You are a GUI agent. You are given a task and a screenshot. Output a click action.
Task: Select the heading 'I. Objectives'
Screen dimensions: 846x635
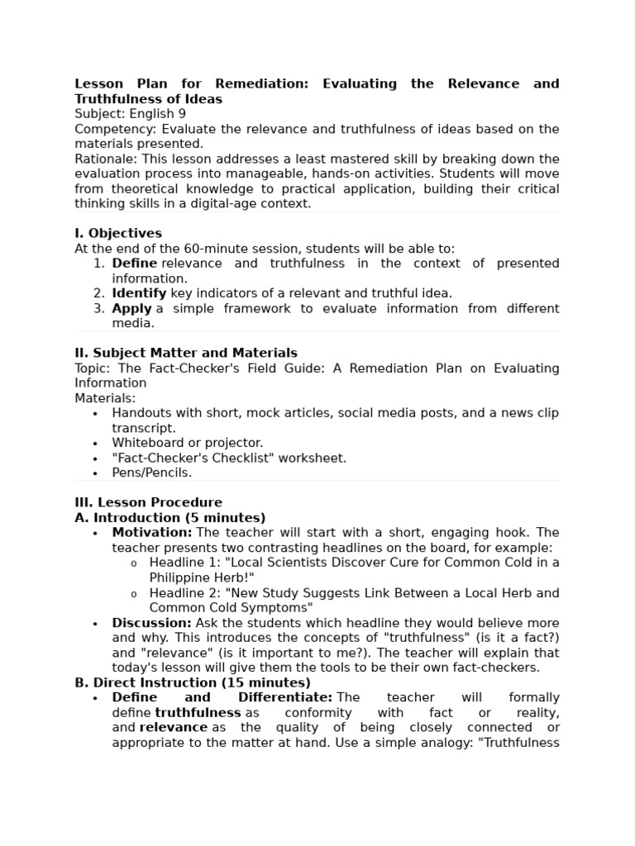[x=118, y=233]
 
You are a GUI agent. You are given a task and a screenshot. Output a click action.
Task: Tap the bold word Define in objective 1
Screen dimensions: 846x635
[x=134, y=264]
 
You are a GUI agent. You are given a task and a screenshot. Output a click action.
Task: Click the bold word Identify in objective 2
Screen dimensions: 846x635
[x=139, y=293]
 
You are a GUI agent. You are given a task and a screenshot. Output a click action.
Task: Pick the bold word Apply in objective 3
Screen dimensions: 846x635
[x=131, y=308]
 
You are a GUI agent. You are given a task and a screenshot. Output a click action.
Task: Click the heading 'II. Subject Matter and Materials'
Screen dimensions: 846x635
[x=186, y=353]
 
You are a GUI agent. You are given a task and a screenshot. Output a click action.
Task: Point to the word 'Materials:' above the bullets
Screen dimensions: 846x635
[x=105, y=398]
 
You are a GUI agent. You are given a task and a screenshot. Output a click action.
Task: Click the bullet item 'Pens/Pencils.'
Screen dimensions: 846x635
[x=151, y=473]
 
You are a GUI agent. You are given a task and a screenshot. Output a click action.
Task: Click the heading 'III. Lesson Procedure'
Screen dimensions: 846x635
[x=148, y=502]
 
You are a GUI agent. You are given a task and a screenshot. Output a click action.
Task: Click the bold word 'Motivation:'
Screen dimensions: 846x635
[x=152, y=533]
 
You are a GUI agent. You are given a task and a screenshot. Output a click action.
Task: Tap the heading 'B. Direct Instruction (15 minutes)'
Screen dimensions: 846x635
[x=193, y=682]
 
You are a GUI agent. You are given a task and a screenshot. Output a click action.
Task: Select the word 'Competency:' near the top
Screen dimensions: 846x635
[x=116, y=129]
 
